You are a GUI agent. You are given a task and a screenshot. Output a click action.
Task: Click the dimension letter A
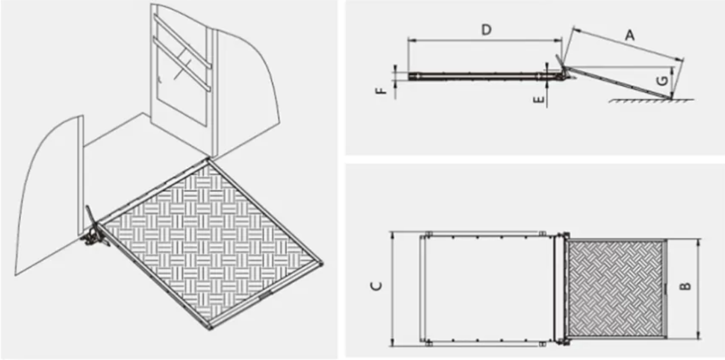(x=629, y=36)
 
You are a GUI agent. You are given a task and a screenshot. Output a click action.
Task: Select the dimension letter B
(x=686, y=285)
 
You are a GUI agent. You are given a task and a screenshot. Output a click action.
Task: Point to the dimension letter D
(x=487, y=30)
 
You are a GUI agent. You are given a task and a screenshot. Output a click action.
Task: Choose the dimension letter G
(x=662, y=81)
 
